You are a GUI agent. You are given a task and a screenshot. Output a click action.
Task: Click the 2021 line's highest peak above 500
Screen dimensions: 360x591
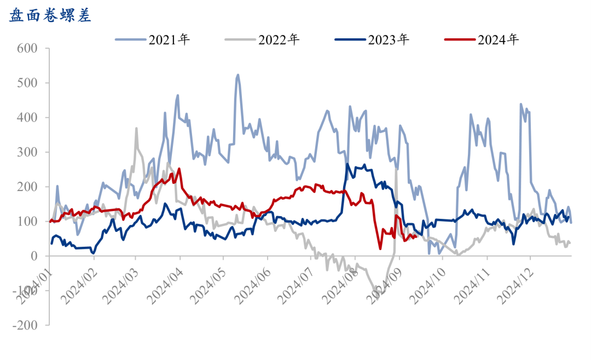[x=237, y=75]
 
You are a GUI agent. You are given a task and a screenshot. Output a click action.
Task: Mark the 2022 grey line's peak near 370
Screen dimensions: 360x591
[x=136, y=129]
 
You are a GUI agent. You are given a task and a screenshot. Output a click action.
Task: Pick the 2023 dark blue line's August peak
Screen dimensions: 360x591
[x=347, y=164]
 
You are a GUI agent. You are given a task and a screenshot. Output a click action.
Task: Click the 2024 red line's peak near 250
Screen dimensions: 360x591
[x=179, y=169]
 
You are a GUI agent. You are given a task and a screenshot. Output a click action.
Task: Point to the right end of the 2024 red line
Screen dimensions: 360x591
[x=417, y=236]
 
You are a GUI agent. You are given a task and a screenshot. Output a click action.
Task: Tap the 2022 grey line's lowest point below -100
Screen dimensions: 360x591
[x=380, y=292]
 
